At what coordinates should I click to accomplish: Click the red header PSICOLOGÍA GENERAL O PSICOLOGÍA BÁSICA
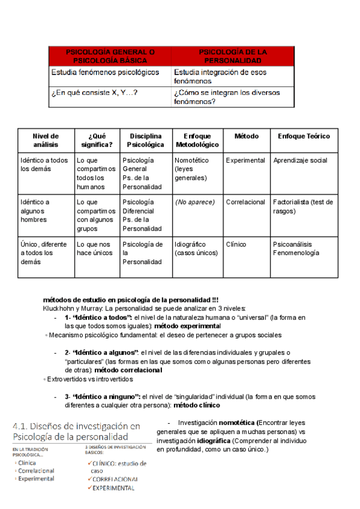[x=110, y=57]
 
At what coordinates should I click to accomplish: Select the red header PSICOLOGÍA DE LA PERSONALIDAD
[x=233, y=57]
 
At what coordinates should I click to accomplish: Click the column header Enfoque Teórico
[x=304, y=136]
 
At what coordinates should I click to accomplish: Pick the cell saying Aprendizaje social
[x=300, y=160]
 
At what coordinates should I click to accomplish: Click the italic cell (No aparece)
[x=193, y=202]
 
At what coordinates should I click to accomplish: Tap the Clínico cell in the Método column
[x=236, y=244]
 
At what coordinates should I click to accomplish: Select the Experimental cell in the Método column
[x=245, y=160]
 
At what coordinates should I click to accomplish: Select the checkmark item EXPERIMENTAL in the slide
[x=113, y=488]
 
